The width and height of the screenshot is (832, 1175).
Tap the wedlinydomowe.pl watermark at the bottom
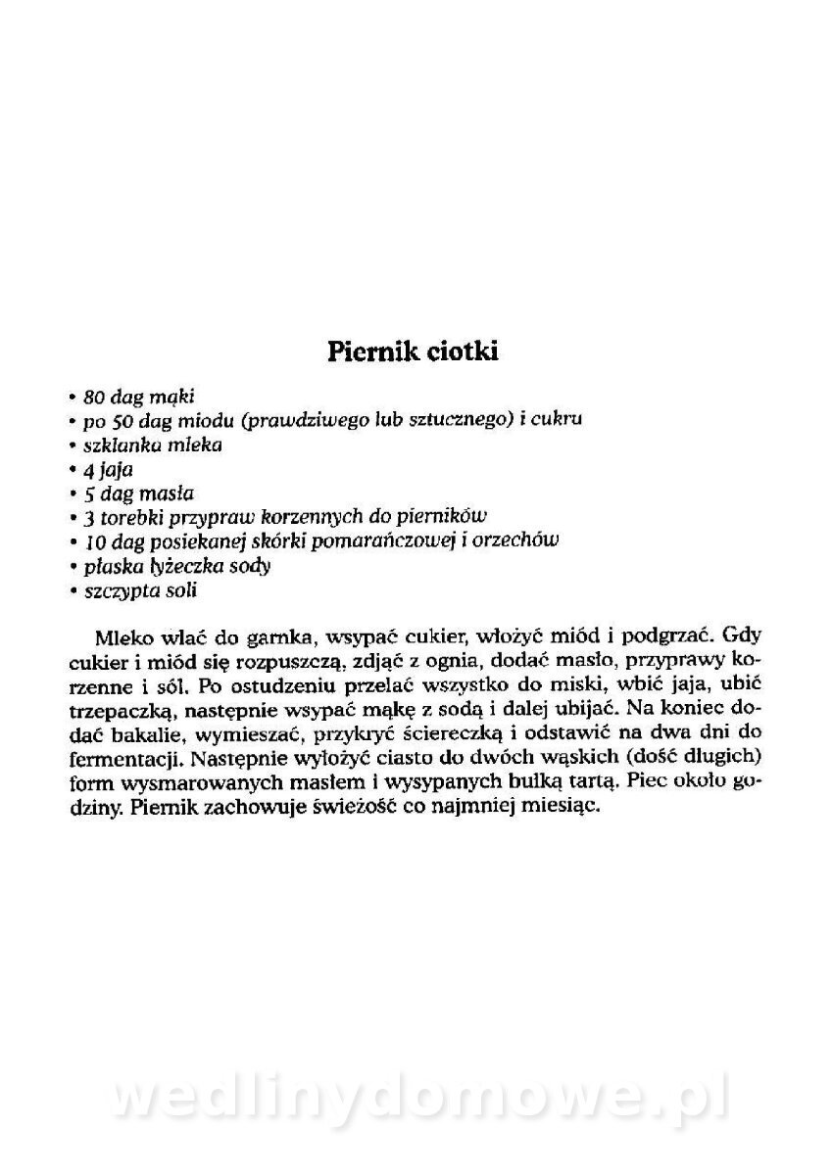pos(416,1100)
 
